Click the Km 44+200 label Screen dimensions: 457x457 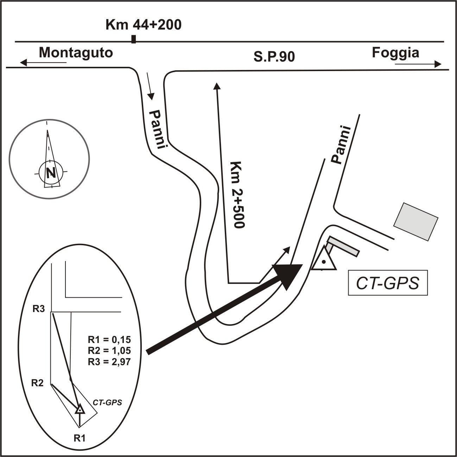144,25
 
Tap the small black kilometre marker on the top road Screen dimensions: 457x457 133,39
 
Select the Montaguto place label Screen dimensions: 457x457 76,53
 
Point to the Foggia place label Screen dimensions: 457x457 395,53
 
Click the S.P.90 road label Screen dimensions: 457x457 274,57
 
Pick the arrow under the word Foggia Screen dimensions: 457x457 418,64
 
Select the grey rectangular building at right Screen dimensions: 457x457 415,222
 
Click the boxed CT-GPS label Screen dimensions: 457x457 388,283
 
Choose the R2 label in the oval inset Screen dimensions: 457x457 38,383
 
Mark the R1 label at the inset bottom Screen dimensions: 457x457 80,438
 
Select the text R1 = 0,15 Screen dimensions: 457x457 109,340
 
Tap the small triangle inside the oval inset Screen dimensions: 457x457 80,409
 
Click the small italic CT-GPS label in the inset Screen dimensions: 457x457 107,402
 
